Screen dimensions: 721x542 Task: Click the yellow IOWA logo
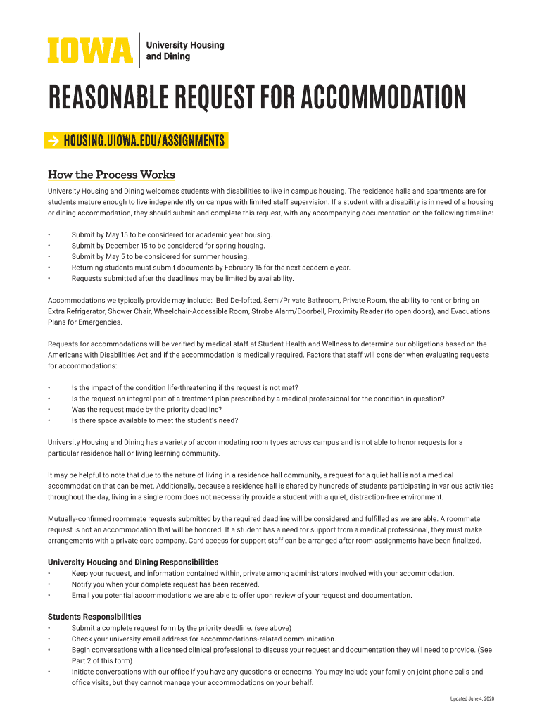tap(89, 50)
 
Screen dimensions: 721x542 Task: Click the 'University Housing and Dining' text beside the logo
tap(184, 51)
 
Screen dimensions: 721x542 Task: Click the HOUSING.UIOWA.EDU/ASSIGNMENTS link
tap(144, 140)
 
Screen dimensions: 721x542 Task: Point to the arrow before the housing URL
tap(54, 140)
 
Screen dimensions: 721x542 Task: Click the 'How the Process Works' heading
tap(111, 175)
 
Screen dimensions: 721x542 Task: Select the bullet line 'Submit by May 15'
tap(171, 234)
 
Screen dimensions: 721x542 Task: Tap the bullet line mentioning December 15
tap(168, 246)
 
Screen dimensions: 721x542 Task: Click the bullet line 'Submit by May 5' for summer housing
tap(160, 257)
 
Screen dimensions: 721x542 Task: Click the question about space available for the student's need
tap(155, 420)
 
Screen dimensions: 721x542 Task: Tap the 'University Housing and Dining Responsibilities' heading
tap(132, 563)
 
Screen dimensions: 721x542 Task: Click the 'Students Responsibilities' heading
tap(94, 617)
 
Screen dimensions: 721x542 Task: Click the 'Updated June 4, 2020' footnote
tap(472, 698)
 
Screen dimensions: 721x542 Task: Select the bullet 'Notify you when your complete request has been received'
tap(165, 584)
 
